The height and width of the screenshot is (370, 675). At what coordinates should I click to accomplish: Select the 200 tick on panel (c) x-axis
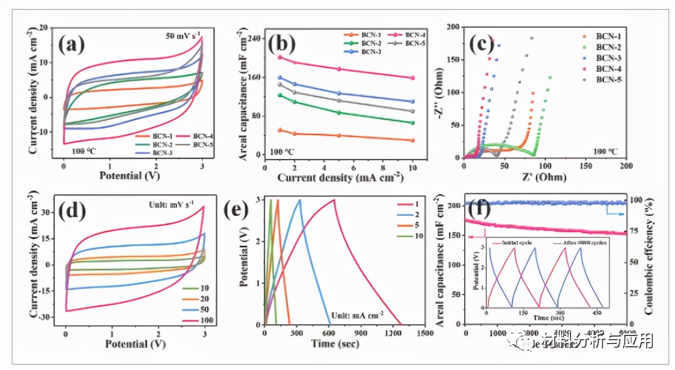pos(625,166)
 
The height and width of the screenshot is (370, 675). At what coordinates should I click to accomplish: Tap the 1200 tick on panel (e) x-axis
pos(392,333)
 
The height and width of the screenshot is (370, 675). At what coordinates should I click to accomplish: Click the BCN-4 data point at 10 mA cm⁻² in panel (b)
pos(412,78)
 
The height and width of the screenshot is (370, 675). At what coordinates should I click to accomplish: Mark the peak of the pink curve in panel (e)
pos(334,200)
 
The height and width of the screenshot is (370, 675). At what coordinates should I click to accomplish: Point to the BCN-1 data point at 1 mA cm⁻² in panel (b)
pos(279,130)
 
